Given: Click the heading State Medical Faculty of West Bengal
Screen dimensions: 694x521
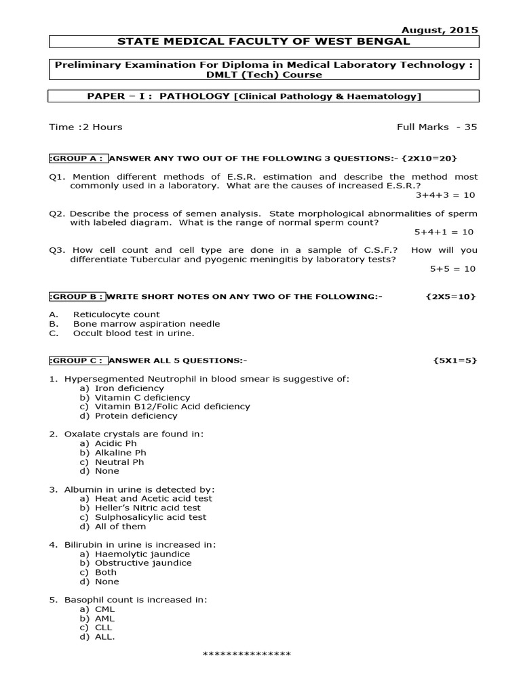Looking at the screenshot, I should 264,41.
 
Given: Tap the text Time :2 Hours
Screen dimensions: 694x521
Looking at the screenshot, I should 85,127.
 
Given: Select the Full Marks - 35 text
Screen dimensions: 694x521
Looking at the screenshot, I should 437,127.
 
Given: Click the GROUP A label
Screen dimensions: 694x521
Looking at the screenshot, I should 77,158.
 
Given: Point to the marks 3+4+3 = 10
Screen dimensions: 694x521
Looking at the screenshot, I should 445,195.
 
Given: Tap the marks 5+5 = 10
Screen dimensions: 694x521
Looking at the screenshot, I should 452,268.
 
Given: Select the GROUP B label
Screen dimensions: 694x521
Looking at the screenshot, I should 77,296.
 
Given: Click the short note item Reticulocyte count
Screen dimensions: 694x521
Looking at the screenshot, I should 116,314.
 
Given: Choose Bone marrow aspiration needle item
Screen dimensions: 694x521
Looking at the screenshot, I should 146,324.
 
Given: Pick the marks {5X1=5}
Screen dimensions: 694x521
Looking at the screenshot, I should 455,360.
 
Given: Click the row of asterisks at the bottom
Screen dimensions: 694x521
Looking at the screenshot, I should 247,654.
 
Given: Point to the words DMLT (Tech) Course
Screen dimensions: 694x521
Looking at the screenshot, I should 264,75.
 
